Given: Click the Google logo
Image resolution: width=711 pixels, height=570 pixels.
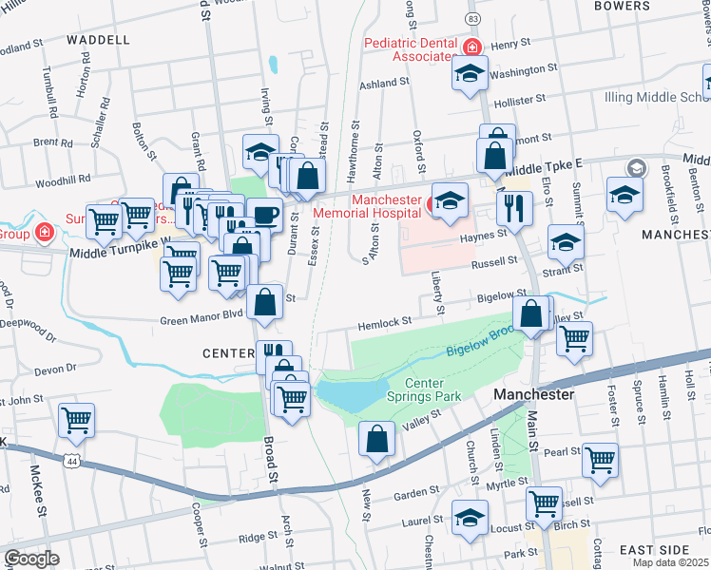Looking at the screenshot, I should coord(31,559).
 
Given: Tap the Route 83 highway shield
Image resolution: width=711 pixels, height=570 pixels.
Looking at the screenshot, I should coord(472,19).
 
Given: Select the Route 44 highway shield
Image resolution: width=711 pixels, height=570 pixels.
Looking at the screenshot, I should coord(71,460).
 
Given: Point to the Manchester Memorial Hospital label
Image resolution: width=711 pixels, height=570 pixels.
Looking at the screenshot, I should coord(387,207).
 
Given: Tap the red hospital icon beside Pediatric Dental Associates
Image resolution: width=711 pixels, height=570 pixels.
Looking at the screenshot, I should coord(471,47).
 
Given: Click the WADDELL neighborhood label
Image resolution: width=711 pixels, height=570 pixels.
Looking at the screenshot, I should coord(98,40).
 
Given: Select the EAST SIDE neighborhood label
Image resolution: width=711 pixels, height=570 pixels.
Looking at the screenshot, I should coord(653,550).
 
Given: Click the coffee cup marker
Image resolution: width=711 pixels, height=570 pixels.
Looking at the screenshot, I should coord(264,214).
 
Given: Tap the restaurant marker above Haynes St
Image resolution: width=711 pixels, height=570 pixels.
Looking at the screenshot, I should coord(514,207).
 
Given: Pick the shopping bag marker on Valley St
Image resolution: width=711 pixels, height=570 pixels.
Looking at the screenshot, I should coord(377,439).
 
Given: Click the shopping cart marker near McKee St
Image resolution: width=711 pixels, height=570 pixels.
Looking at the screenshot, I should coord(76,419).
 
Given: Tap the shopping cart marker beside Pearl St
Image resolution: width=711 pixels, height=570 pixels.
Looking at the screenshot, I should coord(600,459).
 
